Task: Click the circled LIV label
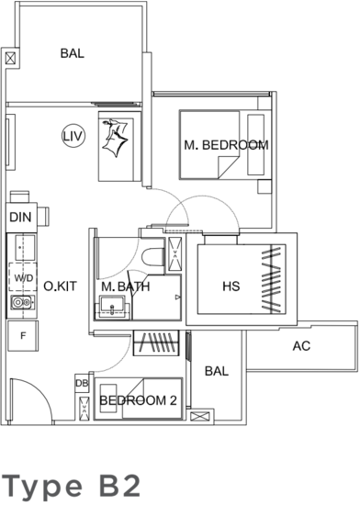(73, 136)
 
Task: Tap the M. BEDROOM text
(226, 145)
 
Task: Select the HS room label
(231, 286)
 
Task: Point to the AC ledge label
(301, 346)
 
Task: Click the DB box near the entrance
(82, 383)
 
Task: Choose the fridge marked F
(23, 336)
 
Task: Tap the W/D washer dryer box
(23, 277)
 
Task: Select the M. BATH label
(126, 286)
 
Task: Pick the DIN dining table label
(20, 218)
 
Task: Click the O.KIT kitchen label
(61, 286)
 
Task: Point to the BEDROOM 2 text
(138, 400)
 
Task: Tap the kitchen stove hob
(22, 302)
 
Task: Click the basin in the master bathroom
(112, 308)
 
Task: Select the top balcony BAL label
(73, 53)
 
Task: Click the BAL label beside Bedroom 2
(217, 371)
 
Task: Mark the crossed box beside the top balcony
(10, 59)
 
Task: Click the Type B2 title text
(72, 485)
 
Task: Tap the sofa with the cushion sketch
(119, 147)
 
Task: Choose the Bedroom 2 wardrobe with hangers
(156, 342)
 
